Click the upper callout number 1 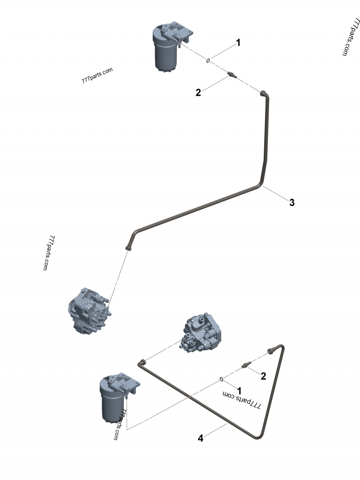pyautogui.click(x=238, y=43)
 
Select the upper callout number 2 pyautogui.click(x=198, y=93)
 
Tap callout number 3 pyautogui.click(x=292, y=202)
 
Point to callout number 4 pyautogui.click(x=201, y=438)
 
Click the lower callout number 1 pyautogui.click(x=239, y=390)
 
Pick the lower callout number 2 pyautogui.click(x=264, y=376)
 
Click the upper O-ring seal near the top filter pyautogui.click(x=209, y=61)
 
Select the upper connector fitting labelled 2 pyautogui.click(x=232, y=75)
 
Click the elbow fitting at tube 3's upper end pyautogui.click(x=264, y=94)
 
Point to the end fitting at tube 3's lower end pyautogui.click(x=129, y=246)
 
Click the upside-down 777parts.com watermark pyautogui.click(x=242, y=399)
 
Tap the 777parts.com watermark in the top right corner pyautogui.click(x=350, y=37)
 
